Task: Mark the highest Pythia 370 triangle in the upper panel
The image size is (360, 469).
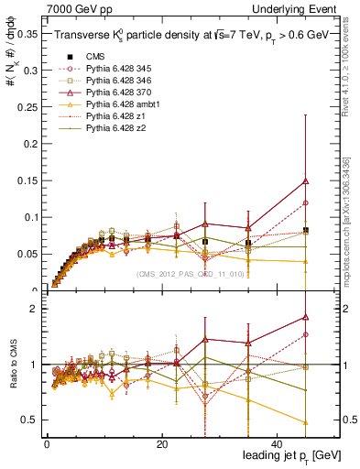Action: click(305, 181)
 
